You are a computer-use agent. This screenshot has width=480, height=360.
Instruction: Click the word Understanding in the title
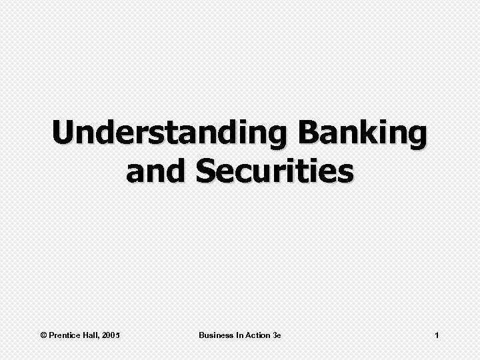171,134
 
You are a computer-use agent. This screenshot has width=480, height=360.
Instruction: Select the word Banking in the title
363,134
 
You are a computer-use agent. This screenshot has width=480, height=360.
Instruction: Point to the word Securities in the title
274,171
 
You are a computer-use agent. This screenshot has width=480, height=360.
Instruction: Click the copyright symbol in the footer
44,335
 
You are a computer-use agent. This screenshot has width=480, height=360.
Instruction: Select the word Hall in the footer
91,335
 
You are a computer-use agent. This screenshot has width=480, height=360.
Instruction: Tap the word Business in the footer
215,335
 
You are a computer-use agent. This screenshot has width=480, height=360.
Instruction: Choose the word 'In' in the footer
239,335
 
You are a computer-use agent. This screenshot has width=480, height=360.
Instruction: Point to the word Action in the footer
258,335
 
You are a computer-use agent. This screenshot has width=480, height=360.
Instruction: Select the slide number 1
436,335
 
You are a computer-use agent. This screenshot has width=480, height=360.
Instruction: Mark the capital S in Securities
207,171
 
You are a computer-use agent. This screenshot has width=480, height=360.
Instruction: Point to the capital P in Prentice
53,335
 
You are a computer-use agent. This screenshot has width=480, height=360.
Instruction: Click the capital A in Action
248,335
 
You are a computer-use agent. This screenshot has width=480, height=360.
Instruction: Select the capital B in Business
201,335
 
